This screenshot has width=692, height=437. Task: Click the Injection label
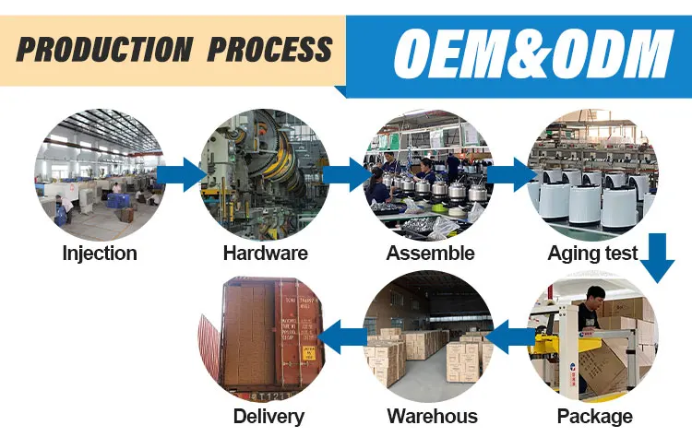tap(100, 253)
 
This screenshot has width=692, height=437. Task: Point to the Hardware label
tap(265, 253)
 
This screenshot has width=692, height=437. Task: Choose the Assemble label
tap(430, 253)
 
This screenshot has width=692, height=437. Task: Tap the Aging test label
tap(592, 253)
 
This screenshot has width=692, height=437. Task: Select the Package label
tap(595, 416)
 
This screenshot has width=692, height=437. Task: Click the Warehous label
tap(433, 416)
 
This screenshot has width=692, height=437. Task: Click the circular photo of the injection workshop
tap(100, 171)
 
